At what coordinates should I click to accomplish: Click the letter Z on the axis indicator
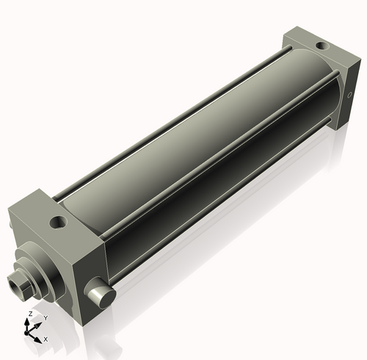(x=29, y=314)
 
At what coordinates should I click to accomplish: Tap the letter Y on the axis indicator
(x=46, y=317)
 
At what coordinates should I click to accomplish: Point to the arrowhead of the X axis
(x=40, y=338)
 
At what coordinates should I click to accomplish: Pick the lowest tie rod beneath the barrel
(x=220, y=213)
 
